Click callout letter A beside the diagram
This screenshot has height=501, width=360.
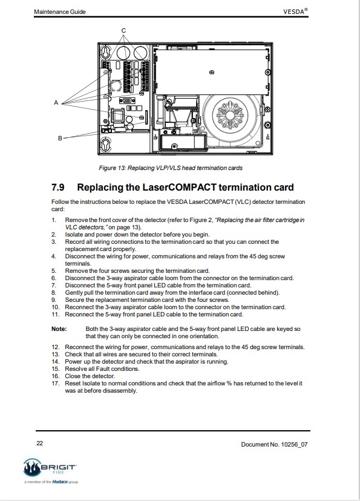tap(56, 103)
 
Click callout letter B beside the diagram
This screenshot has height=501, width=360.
tap(60, 139)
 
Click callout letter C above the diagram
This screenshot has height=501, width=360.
tap(123, 31)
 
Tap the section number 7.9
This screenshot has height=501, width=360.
tap(58, 187)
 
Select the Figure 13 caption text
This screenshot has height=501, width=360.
tap(171, 168)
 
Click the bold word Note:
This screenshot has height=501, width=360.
tap(59, 329)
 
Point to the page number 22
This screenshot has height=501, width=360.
tap(39, 443)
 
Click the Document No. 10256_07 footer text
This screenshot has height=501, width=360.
tap(274, 445)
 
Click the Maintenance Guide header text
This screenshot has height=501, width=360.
tap(60, 12)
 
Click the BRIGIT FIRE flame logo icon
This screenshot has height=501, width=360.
tap(32, 468)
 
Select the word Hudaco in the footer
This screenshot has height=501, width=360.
tap(60, 482)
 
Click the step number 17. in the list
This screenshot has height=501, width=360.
tap(56, 384)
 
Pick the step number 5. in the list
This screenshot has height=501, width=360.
tap(54, 271)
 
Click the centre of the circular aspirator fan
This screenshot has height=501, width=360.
tap(232, 115)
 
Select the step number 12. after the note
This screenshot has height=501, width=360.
tap(56, 347)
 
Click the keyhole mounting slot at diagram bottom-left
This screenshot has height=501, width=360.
tap(106, 144)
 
